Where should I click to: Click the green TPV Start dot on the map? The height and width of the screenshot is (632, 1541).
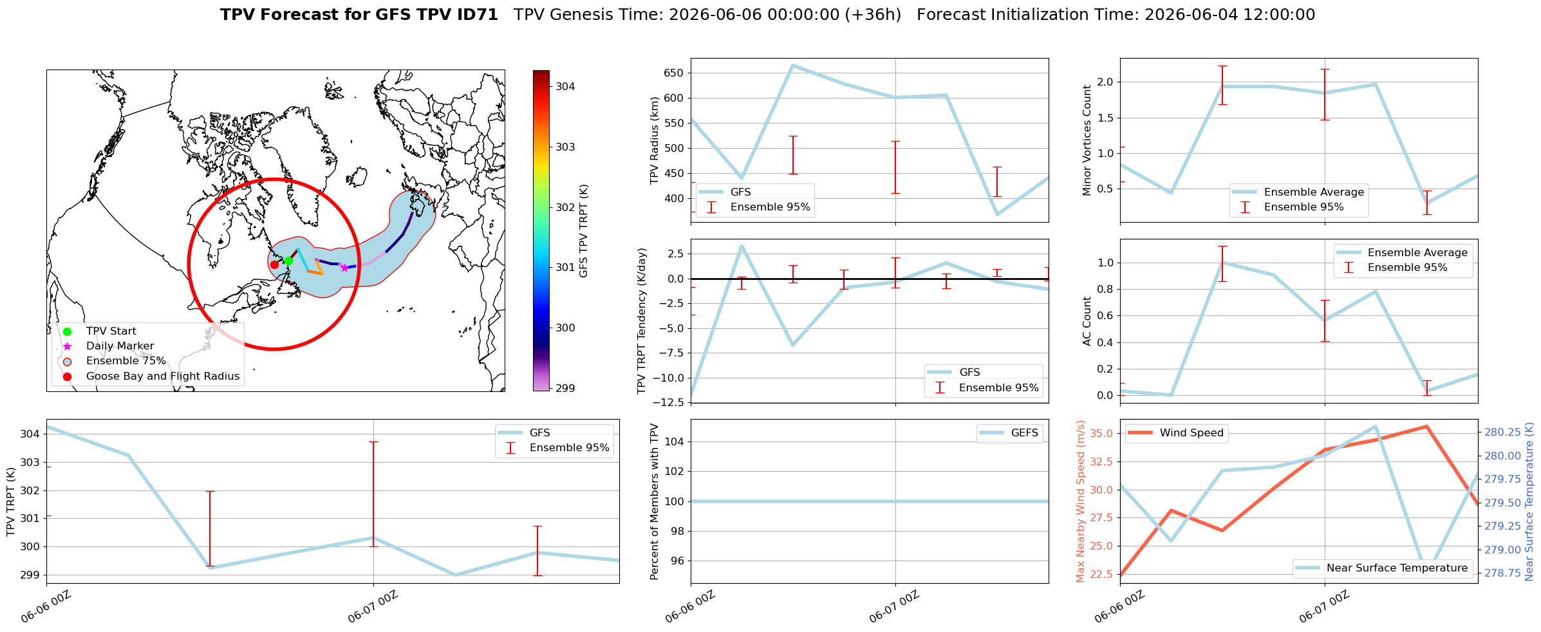(288, 261)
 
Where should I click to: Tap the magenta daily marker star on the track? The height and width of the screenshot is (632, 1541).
(344, 268)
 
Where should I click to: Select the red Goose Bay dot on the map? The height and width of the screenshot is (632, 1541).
(274, 265)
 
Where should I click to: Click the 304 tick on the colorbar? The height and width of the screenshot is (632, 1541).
(566, 87)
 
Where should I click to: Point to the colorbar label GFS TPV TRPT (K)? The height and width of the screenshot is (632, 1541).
(584, 231)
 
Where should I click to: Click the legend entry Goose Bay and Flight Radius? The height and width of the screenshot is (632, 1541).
(163, 376)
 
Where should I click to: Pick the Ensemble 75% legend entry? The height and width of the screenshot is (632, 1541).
(126, 361)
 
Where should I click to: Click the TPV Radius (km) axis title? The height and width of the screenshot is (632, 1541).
(655, 140)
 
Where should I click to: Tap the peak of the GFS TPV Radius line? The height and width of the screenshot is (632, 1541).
(792, 65)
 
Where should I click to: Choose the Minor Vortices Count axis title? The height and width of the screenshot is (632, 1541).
(1087, 140)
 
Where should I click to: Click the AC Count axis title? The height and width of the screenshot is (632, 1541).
(1087, 321)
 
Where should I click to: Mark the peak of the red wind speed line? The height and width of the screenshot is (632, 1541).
(1427, 426)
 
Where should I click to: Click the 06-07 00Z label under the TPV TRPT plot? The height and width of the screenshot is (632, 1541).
(373, 607)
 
